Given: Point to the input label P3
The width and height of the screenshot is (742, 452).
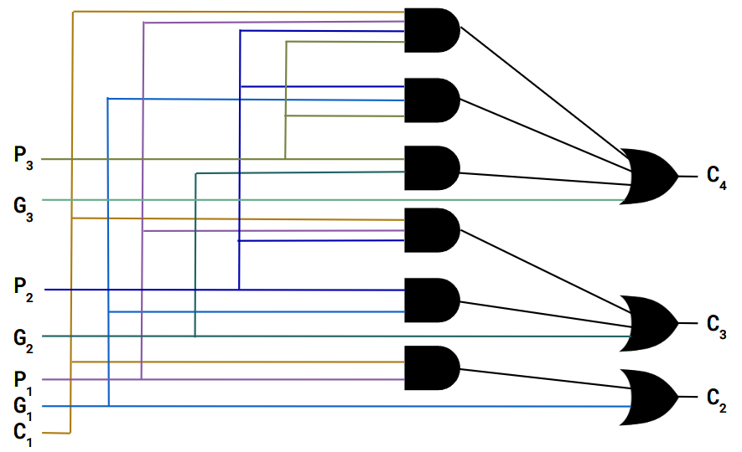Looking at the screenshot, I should pos(24,157).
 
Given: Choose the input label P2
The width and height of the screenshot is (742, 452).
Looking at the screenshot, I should pos(24,289).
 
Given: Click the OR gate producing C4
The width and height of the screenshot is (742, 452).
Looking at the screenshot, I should pos(651,177).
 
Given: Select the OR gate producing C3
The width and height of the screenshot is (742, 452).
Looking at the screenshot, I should pos(651,323).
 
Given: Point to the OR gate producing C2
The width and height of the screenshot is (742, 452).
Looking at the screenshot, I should pos(651,397).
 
